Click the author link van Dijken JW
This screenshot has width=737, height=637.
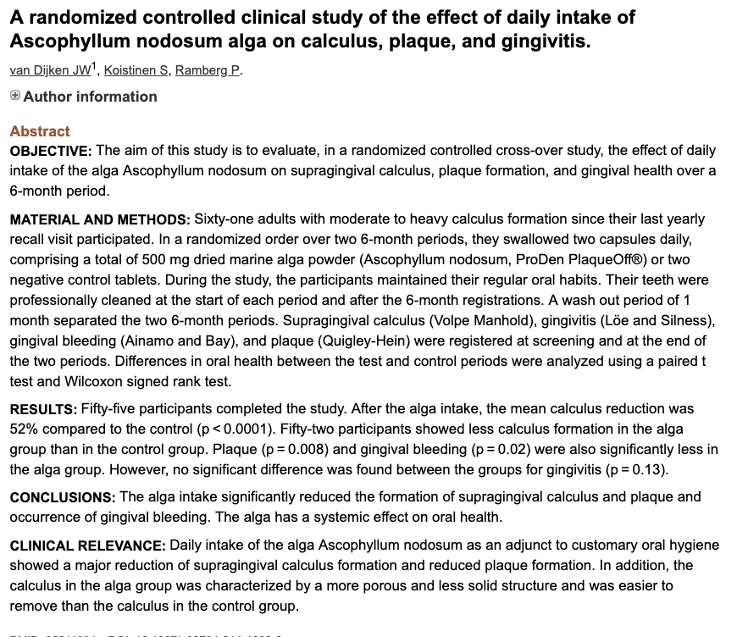(48, 70)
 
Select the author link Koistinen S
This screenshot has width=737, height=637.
(135, 70)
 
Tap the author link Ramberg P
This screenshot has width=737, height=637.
(208, 70)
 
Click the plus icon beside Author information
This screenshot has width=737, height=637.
(15, 96)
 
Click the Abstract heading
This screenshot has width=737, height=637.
(40, 131)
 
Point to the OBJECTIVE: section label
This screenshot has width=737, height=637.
(51, 151)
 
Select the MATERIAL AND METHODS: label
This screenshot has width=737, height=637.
(100, 219)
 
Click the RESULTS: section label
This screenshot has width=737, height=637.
(42, 410)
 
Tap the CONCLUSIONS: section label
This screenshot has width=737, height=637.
(62, 497)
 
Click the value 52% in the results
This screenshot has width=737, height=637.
(24, 429)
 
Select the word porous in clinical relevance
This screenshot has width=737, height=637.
(436, 585)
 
